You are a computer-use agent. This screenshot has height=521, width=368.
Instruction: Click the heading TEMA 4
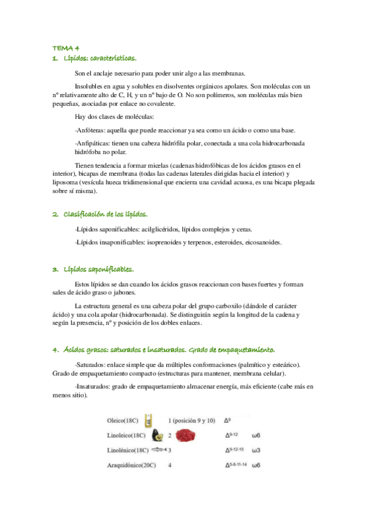tap(61, 49)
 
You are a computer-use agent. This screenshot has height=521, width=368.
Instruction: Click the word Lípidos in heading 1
tap(76, 58)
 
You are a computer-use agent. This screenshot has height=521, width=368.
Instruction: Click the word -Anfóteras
tap(89, 130)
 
